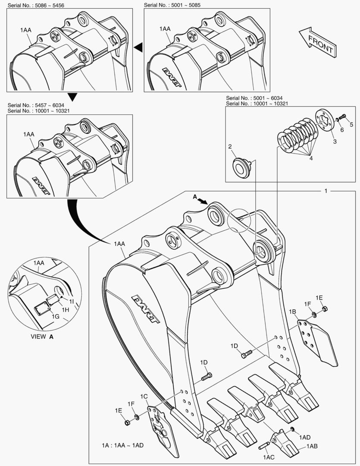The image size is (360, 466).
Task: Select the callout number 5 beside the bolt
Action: [x=351, y=125]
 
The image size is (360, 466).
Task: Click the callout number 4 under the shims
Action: [x=310, y=158]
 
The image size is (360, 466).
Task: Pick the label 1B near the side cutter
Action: [x=292, y=312]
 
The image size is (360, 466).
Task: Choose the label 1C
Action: [x=144, y=396]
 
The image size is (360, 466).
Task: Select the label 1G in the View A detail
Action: [x=56, y=317]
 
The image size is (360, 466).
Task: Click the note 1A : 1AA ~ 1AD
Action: [x=122, y=445]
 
